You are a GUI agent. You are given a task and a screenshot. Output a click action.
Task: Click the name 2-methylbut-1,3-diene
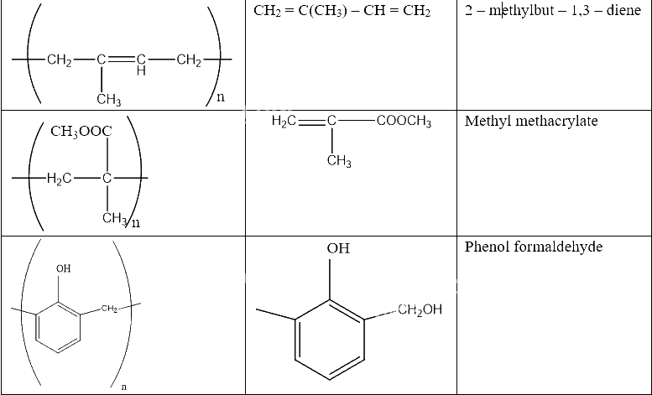[x=553, y=10]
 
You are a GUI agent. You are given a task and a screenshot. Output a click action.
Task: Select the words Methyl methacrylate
[x=531, y=121]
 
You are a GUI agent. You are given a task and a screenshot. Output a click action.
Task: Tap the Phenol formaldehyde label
[x=533, y=247]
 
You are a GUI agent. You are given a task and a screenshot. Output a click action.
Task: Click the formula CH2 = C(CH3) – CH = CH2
[x=342, y=11]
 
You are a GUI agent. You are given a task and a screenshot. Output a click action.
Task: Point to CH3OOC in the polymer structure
[x=81, y=132]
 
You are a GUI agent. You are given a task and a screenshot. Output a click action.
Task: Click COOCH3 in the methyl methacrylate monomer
[x=404, y=122]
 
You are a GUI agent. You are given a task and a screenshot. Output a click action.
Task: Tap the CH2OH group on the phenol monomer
[x=420, y=309]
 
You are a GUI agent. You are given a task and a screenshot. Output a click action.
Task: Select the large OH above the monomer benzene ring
[x=338, y=248]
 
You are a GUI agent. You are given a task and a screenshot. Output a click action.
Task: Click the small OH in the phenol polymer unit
[x=63, y=268]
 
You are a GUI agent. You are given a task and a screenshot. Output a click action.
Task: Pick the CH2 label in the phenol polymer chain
[x=109, y=309]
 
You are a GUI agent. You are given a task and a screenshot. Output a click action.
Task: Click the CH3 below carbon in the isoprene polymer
[x=108, y=100]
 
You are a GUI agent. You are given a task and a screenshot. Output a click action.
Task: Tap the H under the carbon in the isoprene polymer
[x=141, y=71]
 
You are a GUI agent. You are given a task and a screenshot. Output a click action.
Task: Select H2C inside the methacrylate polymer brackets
[x=59, y=179]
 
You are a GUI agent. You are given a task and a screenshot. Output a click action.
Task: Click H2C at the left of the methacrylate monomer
[x=284, y=121]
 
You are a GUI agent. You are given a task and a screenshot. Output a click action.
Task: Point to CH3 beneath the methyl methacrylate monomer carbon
[x=339, y=161]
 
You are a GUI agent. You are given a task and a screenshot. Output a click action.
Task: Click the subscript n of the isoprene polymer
[x=221, y=97]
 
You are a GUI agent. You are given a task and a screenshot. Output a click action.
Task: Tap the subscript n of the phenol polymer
[x=123, y=387]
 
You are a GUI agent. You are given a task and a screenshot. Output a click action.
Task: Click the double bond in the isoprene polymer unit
[x=121, y=60]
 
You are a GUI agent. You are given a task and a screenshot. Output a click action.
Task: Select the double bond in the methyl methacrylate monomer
[x=311, y=121]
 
